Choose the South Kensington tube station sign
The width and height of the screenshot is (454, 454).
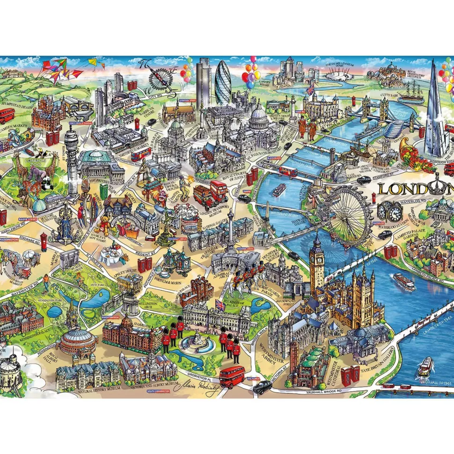point(157,390)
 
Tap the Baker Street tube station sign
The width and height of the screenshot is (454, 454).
point(28,219)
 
